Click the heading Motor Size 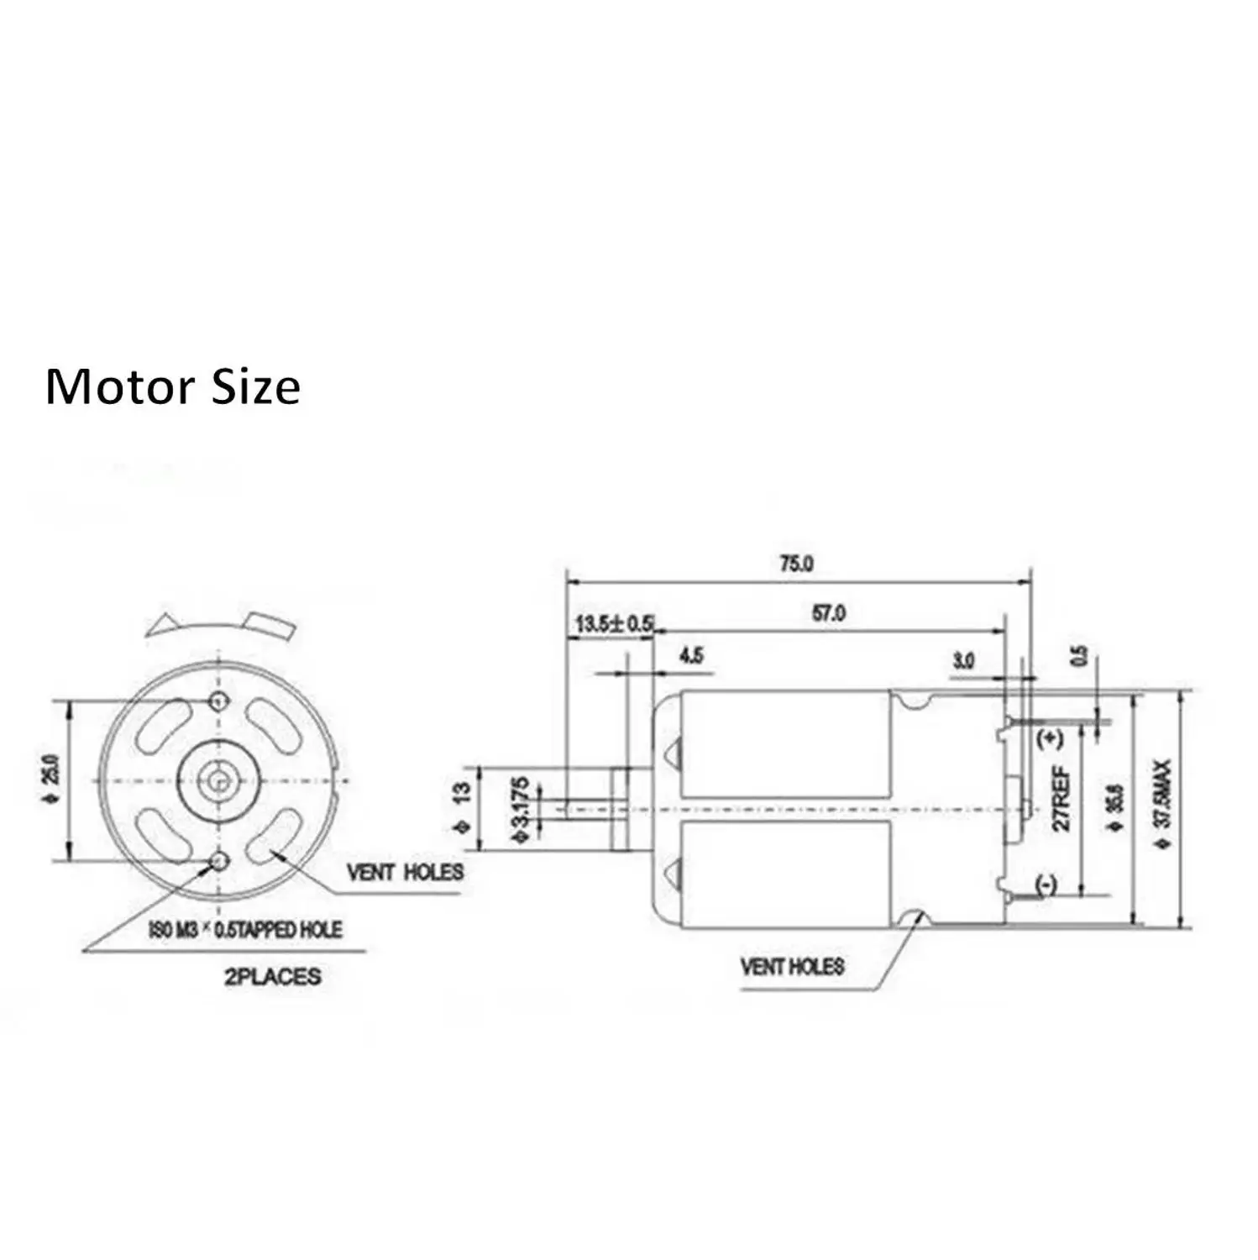coord(172,387)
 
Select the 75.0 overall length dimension coord(795,564)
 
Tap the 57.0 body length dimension coord(828,614)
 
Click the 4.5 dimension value coord(691,656)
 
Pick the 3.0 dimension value coord(963,661)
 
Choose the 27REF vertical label coord(1061,798)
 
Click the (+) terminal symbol coord(1051,739)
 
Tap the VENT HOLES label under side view coord(792,967)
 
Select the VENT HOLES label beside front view coord(405,872)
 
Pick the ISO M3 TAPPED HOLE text coord(245,930)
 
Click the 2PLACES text coord(272,977)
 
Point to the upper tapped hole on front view coord(221,701)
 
